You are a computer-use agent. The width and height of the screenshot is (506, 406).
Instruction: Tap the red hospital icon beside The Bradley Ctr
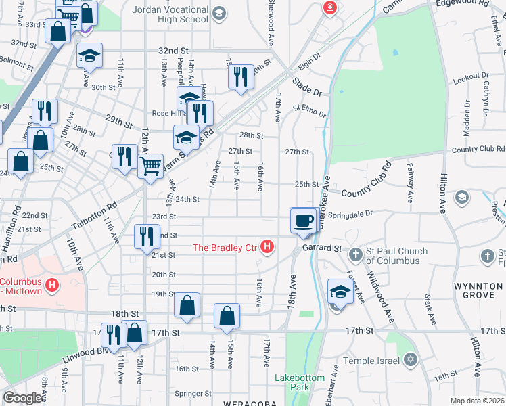(x=267, y=248)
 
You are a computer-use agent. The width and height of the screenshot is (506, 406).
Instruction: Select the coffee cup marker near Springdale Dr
(x=303, y=220)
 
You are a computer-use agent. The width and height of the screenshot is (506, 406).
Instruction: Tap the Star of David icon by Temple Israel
(x=409, y=360)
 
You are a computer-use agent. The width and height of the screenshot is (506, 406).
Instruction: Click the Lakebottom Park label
(x=300, y=382)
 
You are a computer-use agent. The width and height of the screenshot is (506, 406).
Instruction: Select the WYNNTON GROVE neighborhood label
(x=478, y=291)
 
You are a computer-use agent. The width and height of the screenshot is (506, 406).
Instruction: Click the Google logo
(x=22, y=398)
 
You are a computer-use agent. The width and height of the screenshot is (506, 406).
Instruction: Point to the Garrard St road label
(x=321, y=248)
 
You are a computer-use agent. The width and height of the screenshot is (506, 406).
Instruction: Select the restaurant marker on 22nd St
(x=146, y=238)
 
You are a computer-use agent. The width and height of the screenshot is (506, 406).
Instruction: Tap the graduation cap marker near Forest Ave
(x=340, y=292)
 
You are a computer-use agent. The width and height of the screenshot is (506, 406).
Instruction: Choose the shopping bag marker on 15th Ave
(x=227, y=315)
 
